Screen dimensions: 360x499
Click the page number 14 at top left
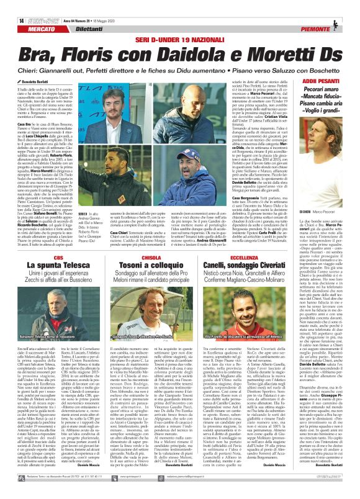12,6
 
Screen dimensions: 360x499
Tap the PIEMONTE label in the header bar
333,13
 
